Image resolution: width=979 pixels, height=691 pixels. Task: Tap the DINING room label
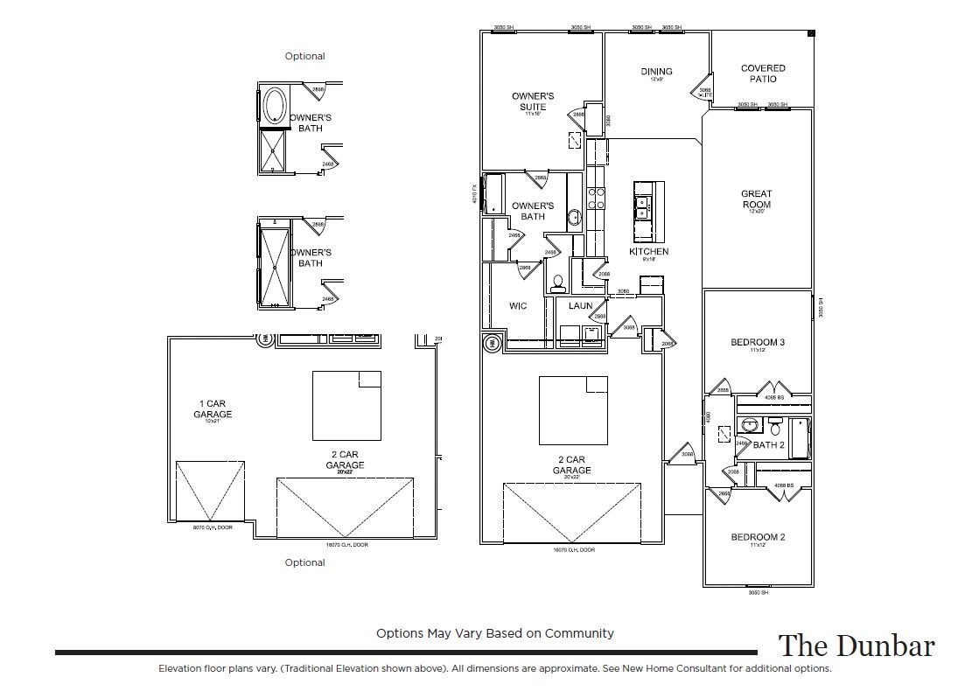click(656, 72)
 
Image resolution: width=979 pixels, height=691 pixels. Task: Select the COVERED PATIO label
click(763, 73)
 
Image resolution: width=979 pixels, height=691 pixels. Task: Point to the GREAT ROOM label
click(756, 199)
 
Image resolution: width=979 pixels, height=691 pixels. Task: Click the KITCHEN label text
click(648, 252)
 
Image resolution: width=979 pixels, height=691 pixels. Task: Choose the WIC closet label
click(517, 307)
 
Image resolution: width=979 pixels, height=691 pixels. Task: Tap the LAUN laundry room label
click(580, 306)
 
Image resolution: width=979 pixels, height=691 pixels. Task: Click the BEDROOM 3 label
click(757, 342)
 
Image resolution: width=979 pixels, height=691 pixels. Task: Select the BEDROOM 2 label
click(757, 537)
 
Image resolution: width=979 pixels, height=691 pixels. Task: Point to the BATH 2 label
click(768, 445)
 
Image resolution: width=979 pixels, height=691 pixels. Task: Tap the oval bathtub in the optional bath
click(273, 105)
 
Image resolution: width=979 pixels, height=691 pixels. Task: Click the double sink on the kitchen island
click(642, 206)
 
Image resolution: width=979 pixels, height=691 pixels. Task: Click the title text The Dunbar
click(856, 646)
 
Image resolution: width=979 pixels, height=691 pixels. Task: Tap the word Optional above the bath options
click(304, 56)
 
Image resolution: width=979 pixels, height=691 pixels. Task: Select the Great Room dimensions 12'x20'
click(756, 211)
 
